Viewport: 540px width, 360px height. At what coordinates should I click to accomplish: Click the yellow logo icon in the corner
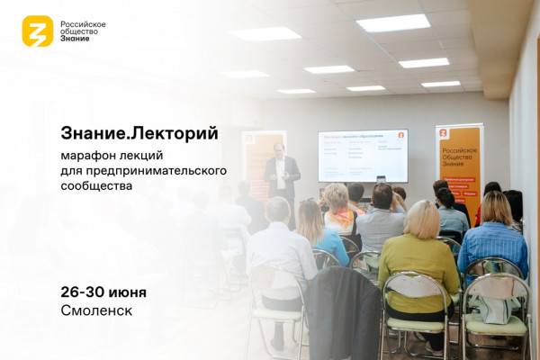click(38, 31)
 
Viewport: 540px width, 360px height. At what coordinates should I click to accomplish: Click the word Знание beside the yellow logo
click(75, 40)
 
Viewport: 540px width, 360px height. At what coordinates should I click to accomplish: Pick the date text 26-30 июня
click(103, 292)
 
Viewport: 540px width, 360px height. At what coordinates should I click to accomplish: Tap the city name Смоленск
click(96, 311)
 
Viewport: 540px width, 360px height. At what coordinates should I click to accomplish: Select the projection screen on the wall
click(363, 155)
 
